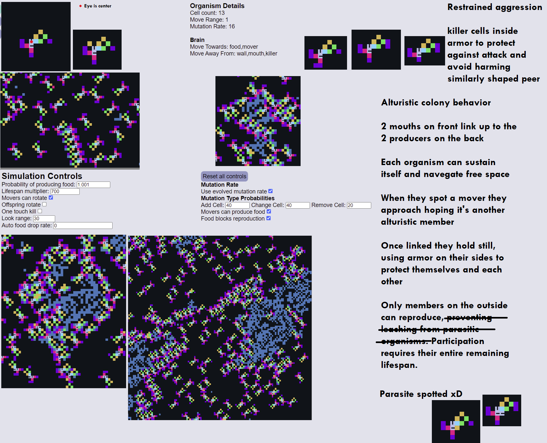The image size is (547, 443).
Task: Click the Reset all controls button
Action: (224, 176)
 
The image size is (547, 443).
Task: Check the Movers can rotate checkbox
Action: (51, 198)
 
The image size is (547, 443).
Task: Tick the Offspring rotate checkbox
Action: (45, 204)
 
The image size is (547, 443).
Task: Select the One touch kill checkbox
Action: (40, 211)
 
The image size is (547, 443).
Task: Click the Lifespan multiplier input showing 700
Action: (65, 192)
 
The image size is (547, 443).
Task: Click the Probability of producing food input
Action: (94, 185)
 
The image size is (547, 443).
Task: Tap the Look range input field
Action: (44, 219)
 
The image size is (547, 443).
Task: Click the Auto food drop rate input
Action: (83, 226)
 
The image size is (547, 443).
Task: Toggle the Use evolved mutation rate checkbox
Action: (271, 191)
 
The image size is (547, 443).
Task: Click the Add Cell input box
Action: (237, 205)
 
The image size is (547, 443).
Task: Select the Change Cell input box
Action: (298, 205)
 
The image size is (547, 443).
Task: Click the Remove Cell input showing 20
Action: (359, 205)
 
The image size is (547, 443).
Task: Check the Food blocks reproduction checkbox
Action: (269, 218)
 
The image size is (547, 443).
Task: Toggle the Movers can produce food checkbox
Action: (269, 212)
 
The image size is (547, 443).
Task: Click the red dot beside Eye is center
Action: (80, 6)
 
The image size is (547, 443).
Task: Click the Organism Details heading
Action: (217, 6)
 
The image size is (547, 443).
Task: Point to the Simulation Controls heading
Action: (42, 176)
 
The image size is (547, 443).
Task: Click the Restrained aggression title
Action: (494, 7)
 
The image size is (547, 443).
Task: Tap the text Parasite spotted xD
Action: (421, 394)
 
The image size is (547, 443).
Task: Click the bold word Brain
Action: (197, 40)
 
